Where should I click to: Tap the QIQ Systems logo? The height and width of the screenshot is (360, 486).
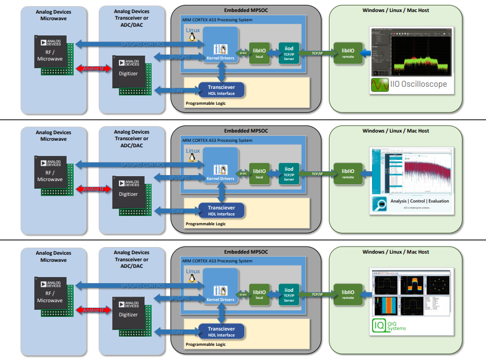coord(391,326)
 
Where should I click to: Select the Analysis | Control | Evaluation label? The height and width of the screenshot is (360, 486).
coord(419,201)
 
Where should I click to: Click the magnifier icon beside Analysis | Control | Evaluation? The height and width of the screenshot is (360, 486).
coord(380,205)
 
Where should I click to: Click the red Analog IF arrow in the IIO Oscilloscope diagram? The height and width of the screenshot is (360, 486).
coord(93,68)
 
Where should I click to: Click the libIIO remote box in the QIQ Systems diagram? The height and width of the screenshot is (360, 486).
coord(348,295)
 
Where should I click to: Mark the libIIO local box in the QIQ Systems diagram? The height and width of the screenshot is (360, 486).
coord(260,295)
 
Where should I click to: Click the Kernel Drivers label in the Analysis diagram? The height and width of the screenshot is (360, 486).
coord(220,179)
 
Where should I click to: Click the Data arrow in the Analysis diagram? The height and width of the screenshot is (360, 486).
coord(177,211)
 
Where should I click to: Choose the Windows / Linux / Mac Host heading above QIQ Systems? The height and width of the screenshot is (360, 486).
coord(396,252)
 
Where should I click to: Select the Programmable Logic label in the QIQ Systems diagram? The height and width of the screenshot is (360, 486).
coord(206,344)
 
